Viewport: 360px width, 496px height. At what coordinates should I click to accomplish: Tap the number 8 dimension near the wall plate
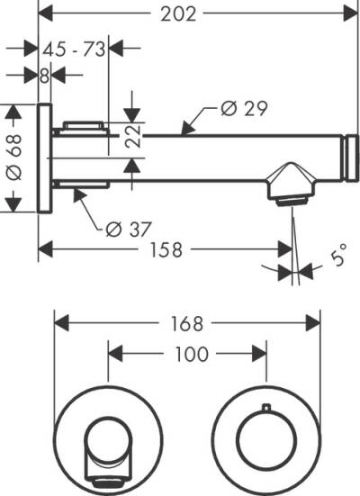click(x=44, y=76)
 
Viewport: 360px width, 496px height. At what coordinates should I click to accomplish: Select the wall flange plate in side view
click(x=44, y=158)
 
